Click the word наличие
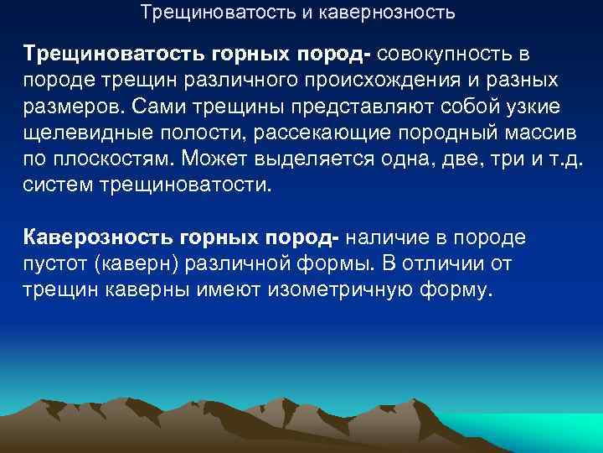(390, 237)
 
